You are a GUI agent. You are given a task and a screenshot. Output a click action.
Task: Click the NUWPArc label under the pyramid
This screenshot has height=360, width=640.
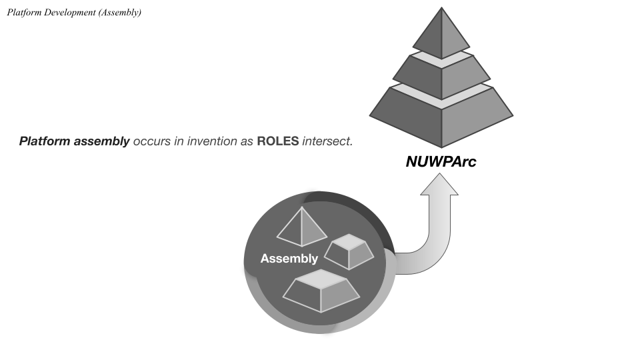click(441, 161)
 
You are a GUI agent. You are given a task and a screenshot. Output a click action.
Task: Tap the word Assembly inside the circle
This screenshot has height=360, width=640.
click(289, 259)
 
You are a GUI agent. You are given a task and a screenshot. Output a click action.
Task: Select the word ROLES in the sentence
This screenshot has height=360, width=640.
click(277, 141)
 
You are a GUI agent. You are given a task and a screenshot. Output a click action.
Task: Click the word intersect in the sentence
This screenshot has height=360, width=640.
click(327, 141)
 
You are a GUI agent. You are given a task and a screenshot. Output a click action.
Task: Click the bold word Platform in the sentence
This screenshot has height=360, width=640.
click(44, 141)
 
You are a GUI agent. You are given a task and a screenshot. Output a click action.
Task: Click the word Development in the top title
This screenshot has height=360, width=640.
click(69, 13)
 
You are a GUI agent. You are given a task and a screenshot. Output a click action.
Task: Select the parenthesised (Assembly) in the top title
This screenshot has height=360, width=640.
click(119, 13)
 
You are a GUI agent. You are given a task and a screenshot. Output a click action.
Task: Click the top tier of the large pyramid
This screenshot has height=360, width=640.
click(441, 37)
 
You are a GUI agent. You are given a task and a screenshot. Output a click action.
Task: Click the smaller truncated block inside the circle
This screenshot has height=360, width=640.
click(349, 252)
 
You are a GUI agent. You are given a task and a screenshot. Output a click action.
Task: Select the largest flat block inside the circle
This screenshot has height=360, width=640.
click(321, 292)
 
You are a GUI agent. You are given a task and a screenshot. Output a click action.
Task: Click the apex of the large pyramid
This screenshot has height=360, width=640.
click(441, 9)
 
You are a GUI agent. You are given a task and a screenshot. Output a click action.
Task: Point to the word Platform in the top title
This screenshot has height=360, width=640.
click(23, 13)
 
